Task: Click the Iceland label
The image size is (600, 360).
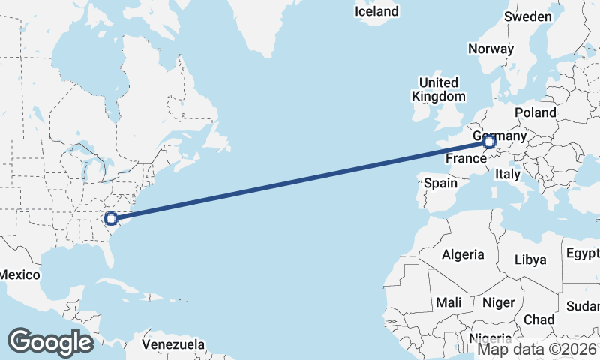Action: pyautogui.click(x=376, y=11)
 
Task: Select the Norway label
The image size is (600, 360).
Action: pyautogui.click(x=490, y=49)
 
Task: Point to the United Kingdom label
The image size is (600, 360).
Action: pyautogui.click(x=439, y=89)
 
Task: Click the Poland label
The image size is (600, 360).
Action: pyautogui.click(x=535, y=112)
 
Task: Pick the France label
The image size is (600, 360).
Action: pyautogui.click(x=466, y=159)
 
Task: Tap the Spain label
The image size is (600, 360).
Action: pyautogui.click(x=440, y=183)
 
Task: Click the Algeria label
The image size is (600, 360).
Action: pyautogui.click(x=463, y=254)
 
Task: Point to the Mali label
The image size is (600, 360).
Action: pyautogui.click(x=449, y=302)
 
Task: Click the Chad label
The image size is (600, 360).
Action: pyautogui.click(x=538, y=319)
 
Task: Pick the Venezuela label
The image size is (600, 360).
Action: pyautogui.click(x=174, y=344)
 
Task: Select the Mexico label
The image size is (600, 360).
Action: pyautogui.click(x=19, y=274)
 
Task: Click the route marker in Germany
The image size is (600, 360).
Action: pyautogui.click(x=489, y=142)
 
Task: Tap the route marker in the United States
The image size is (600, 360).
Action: pyautogui.click(x=111, y=219)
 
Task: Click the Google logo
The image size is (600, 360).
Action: pyautogui.click(x=50, y=342)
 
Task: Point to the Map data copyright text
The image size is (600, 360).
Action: pyautogui.click(x=538, y=349)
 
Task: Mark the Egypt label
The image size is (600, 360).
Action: pyautogui.click(x=583, y=252)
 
